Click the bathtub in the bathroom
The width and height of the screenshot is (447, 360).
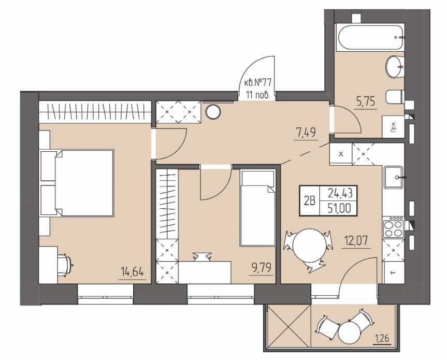370,38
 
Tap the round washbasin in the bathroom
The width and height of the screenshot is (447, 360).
395,66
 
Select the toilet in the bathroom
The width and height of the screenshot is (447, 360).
395,97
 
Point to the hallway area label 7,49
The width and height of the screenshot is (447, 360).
306,133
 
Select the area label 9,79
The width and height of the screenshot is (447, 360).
262,268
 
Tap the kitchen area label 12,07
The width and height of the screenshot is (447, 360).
355,241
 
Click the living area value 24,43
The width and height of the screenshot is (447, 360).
340,194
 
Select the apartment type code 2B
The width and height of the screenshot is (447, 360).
310,201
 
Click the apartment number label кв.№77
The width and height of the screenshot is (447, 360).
257,83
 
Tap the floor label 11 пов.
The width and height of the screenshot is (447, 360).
258,95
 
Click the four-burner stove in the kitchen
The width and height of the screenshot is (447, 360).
394,227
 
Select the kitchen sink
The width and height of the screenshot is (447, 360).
394,177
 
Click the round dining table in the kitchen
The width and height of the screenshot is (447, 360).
309,246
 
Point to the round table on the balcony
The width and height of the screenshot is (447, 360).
350,332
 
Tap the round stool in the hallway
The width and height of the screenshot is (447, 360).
213,112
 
